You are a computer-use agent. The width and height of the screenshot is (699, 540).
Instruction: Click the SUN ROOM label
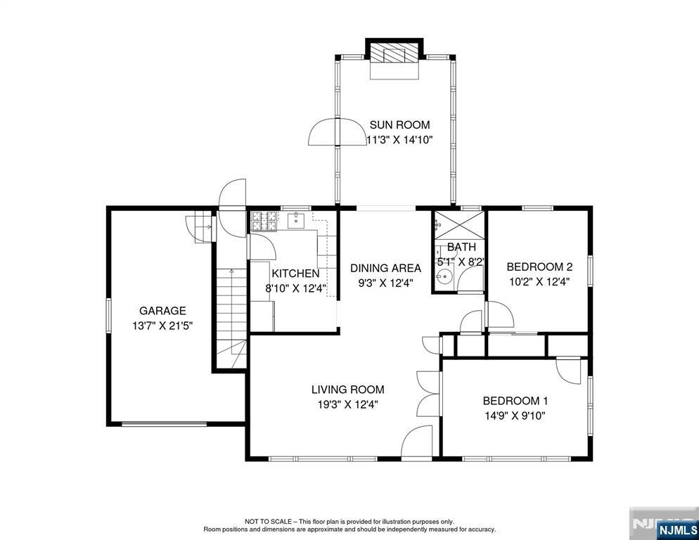point(399,125)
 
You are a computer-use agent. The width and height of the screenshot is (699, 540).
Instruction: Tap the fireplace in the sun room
point(395,53)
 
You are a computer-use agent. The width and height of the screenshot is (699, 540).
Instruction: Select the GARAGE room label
point(162,311)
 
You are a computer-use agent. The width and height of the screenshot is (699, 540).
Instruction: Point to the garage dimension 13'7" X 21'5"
point(162,326)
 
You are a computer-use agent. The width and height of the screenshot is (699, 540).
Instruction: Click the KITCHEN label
point(295,274)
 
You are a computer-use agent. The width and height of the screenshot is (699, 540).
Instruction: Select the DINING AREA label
point(385,268)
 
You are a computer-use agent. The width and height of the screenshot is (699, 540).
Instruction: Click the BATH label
point(461,247)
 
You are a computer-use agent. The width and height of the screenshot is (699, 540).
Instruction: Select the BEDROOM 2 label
point(539,267)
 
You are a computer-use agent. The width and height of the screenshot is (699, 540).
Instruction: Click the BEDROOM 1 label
point(515,401)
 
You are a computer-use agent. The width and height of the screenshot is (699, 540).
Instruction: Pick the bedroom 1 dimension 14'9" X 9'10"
point(515,416)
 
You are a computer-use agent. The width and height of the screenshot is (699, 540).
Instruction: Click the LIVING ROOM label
point(348,390)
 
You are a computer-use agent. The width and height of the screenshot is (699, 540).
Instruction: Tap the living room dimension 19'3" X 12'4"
point(348,404)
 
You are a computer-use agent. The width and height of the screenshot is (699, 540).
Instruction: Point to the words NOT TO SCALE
point(269,521)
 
